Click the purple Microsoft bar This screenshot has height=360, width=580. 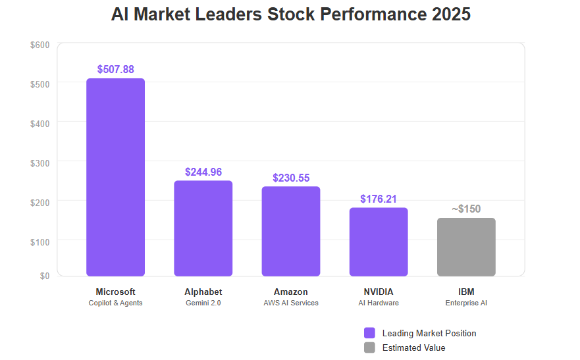click(115, 177)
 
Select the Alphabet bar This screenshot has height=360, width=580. click(203, 228)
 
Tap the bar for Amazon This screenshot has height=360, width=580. click(290, 231)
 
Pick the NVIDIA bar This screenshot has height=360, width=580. click(379, 242)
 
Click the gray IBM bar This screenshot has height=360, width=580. click(466, 247)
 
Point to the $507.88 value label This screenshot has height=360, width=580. click(115, 69)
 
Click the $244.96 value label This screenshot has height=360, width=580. click(203, 172)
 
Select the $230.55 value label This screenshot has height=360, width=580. click(291, 178)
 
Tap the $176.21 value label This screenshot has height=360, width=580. click(379, 199)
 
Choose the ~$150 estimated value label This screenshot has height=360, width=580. click(466, 209)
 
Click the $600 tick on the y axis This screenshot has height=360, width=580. click(40, 45)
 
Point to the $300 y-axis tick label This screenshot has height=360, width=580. click(40, 162)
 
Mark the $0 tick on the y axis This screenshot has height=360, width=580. click(44, 276)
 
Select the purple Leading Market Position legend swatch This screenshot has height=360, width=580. click(369, 333)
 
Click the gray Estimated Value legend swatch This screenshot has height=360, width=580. click(369, 347)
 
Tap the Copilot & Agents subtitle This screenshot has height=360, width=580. click(115, 303)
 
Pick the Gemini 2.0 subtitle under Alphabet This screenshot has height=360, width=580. click(203, 303)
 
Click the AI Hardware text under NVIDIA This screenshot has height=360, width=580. click(379, 303)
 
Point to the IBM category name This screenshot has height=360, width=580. click(466, 292)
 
